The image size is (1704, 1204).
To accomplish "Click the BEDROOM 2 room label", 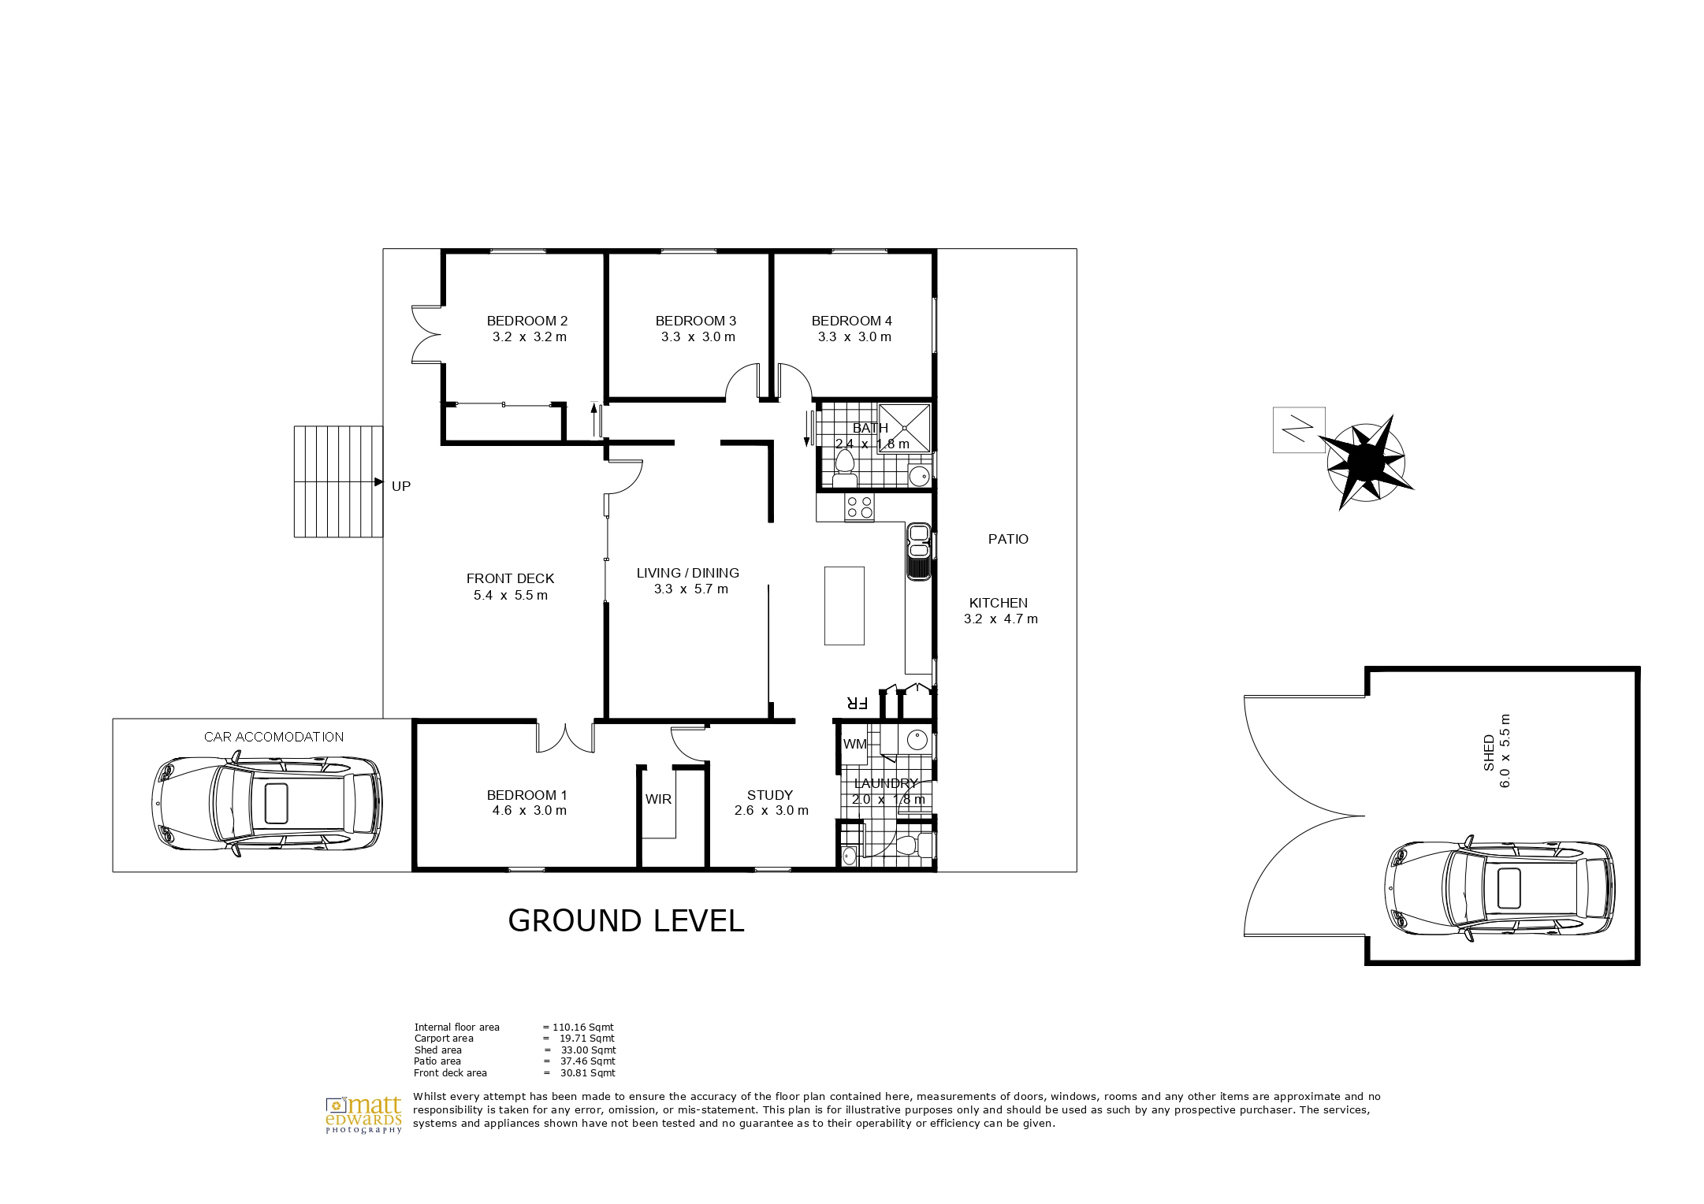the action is (x=526, y=321).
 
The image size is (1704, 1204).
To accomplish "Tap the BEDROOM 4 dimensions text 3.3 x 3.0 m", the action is (x=854, y=337).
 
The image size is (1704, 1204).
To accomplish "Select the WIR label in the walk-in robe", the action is (x=658, y=799).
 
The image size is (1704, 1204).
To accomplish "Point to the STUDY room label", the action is (x=770, y=795).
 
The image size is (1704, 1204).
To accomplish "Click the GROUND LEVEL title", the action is (x=626, y=921).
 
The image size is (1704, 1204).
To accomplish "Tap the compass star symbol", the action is (x=1367, y=462).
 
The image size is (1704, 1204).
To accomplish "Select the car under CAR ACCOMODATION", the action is (x=267, y=804).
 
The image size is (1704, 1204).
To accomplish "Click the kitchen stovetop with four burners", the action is (x=859, y=507).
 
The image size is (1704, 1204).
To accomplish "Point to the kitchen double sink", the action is (x=919, y=552).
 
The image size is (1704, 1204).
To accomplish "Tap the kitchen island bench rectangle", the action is (x=844, y=606).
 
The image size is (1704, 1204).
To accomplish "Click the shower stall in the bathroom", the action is (x=904, y=428).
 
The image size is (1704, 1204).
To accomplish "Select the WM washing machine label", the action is (x=854, y=744).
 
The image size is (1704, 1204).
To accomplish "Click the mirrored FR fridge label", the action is (x=857, y=703).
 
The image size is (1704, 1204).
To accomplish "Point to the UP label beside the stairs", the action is (x=401, y=486).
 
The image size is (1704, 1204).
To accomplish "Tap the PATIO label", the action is (x=1008, y=539).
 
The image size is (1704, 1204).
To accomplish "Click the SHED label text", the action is (x=1489, y=752).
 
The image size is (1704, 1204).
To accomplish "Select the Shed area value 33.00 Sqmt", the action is (x=588, y=1050).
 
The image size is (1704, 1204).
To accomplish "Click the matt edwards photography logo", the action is (x=364, y=1114).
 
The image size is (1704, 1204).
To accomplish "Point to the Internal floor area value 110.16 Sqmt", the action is (x=583, y=1027).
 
